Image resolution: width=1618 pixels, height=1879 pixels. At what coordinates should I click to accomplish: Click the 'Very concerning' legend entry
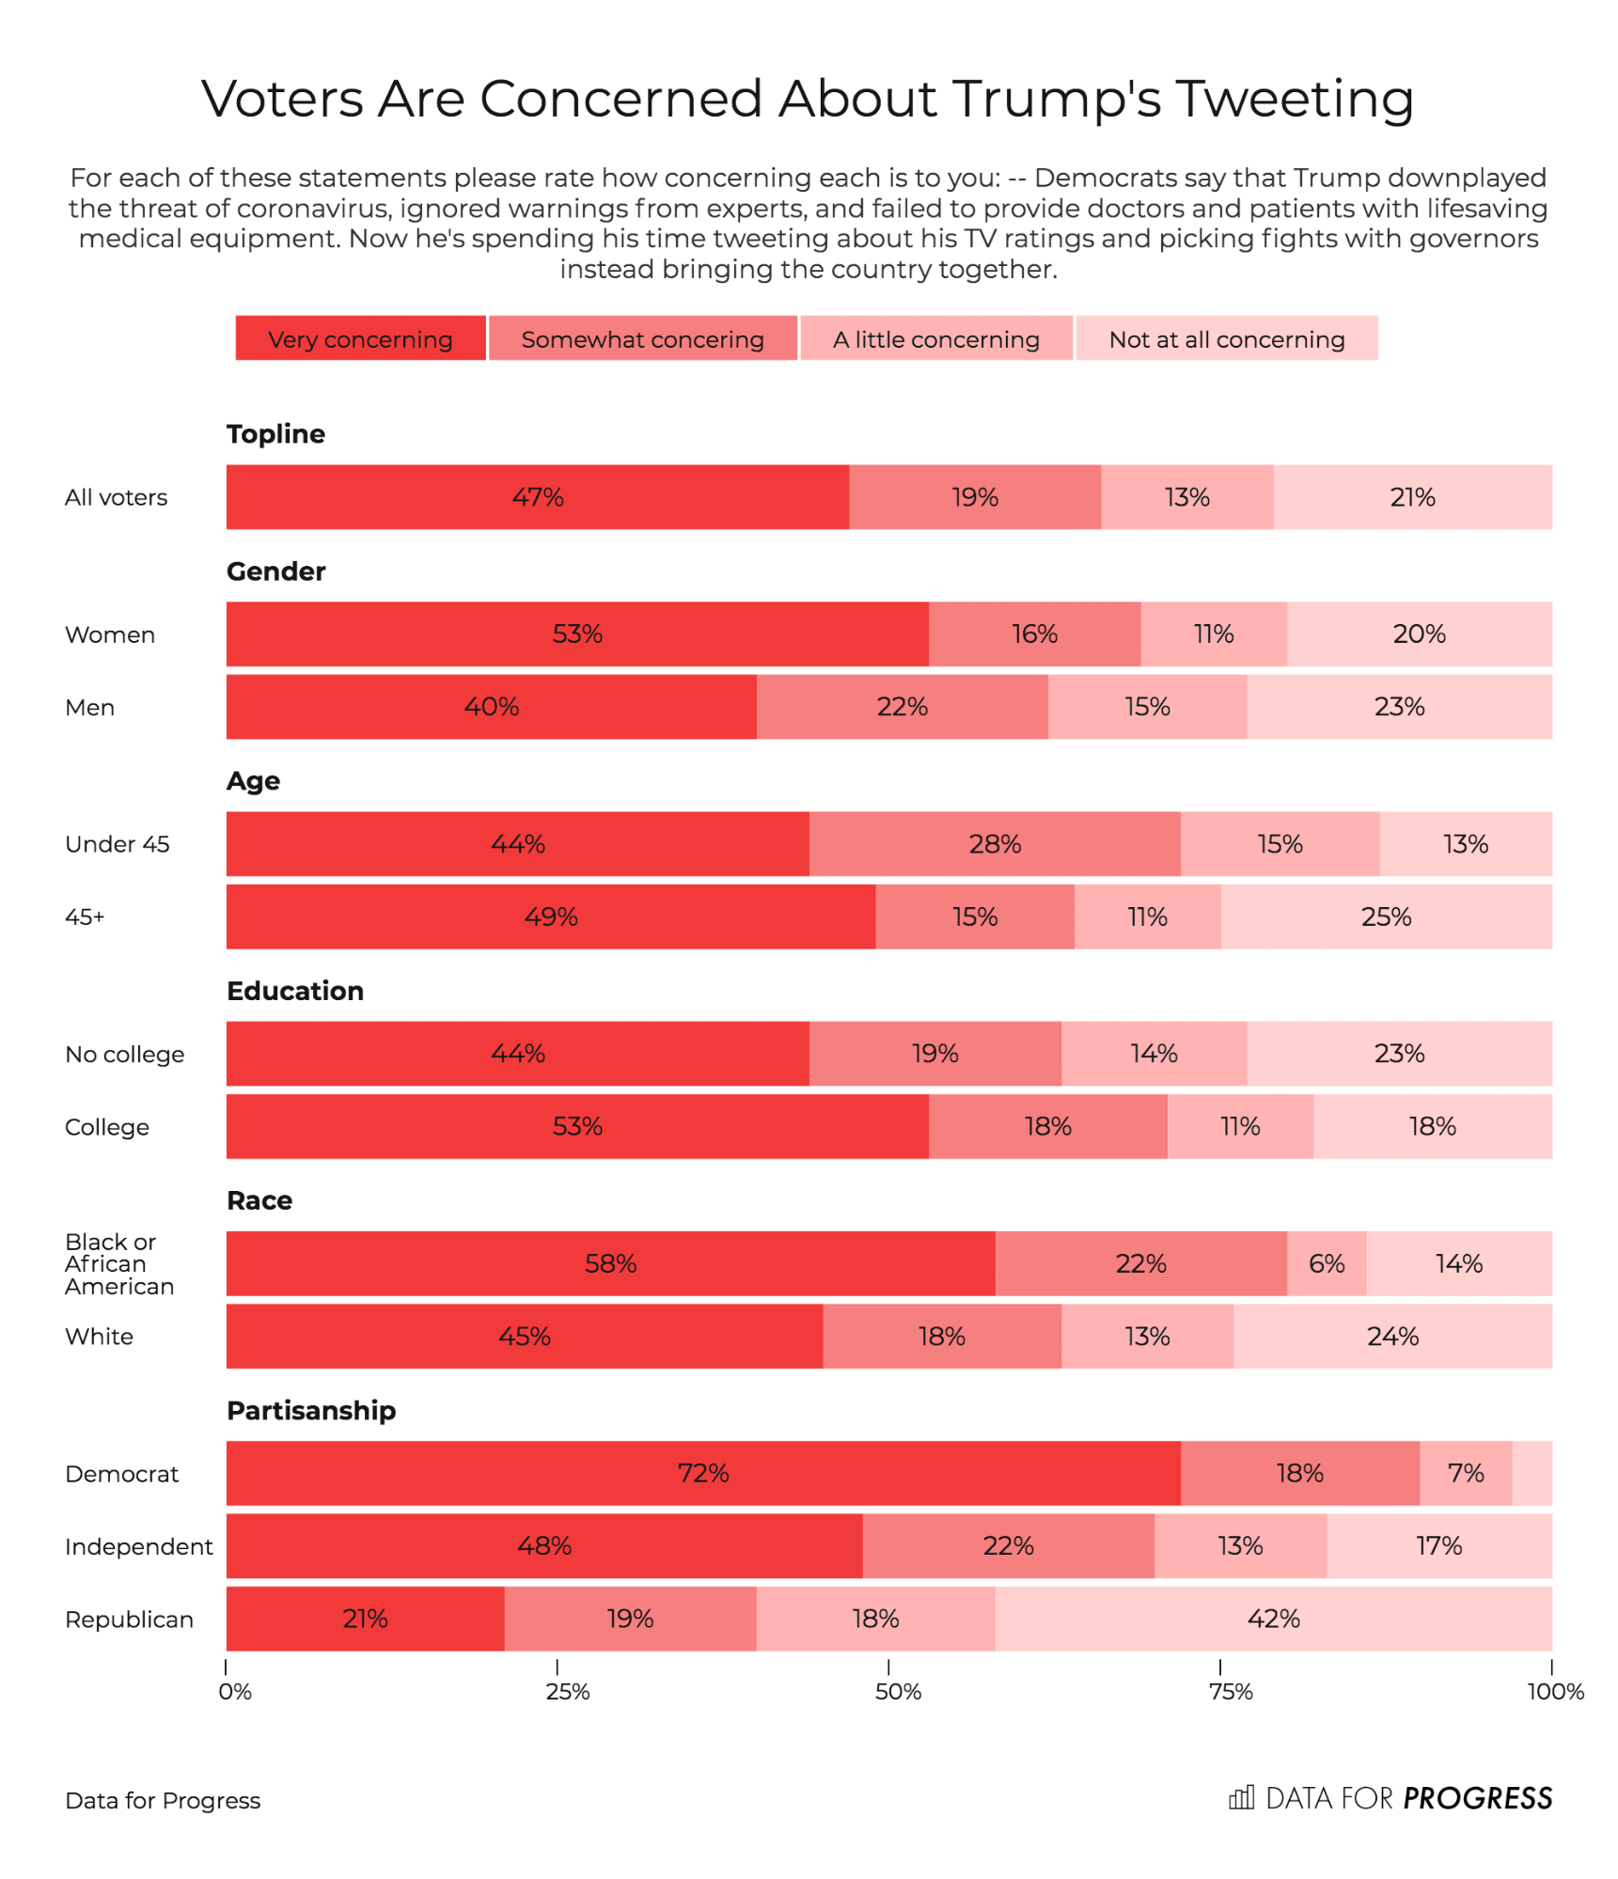click(x=360, y=338)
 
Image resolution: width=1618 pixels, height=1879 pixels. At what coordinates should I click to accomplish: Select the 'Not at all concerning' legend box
click(x=1226, y=338)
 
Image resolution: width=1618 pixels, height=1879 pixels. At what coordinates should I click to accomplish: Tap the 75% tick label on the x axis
click(x=1230, y=1692)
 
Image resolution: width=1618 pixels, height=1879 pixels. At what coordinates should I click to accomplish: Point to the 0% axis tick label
click(x=235, y=1692)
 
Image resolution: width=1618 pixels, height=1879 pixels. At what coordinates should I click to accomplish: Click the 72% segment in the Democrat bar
click(x=703, y=1473)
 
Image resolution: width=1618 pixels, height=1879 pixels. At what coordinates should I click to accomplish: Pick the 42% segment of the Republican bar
click(x=1273, y=1619)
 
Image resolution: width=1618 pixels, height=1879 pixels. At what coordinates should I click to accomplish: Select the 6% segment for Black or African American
click(x=1327, y=1263)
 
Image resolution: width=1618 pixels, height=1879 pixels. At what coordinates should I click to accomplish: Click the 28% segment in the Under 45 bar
click(x=995, y=844)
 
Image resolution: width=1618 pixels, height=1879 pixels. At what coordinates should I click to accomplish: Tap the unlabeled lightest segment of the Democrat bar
click(x=1532, y=1473)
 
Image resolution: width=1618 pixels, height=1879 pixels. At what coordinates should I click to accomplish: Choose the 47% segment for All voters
click(x=538, y=497)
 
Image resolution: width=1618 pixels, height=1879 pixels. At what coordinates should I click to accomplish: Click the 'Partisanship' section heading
click(x=311, y=1410)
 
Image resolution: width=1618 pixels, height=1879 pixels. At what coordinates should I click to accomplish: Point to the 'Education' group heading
click(x=295, y=991)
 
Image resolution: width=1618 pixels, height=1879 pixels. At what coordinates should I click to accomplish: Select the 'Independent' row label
click(x=138, y=1546)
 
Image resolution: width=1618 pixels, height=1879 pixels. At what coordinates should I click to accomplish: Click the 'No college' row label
click(x=124, y=1054)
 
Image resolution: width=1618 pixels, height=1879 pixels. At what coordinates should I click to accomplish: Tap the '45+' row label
click(x=85, y=916)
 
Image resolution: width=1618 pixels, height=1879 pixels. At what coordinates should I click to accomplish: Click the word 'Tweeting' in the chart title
click(x=1295, y=99)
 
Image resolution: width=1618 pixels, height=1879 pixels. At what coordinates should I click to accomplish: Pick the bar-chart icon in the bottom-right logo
click(x=1241, y=1797)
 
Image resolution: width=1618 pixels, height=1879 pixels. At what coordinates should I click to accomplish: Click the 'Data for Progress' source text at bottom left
click(x=163, y=1800)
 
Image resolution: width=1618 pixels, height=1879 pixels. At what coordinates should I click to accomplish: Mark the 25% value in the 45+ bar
click(x=1386, y=916)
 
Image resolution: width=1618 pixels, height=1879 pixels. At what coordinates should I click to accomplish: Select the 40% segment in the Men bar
click(x=491, y=707)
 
